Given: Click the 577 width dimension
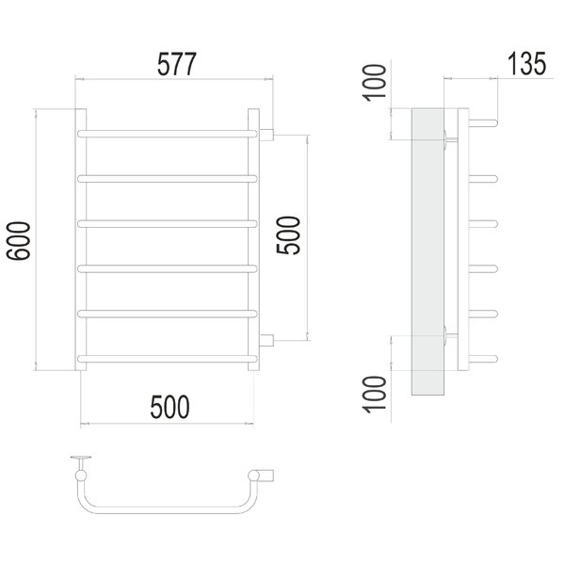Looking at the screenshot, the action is point(177,64).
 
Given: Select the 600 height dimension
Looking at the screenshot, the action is point(19,240).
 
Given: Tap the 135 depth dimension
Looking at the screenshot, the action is point(526,64).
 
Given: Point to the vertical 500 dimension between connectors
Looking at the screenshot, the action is point(288,234).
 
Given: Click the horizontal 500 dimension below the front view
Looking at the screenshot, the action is point(169,407).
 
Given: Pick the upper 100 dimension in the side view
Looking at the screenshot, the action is point(374,83).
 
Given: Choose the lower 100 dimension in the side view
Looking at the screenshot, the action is point(374,395).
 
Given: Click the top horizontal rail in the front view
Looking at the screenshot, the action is point(168,134).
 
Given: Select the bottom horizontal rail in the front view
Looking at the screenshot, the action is point(168,359).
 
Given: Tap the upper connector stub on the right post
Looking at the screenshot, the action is point(266,135).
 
